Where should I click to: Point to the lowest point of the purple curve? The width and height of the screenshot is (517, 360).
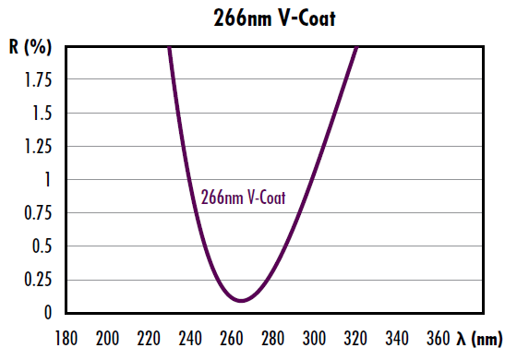point(242,300)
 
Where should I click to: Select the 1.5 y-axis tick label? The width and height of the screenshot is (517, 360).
point(42,114)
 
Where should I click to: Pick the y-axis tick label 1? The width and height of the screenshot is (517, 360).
point(52,180)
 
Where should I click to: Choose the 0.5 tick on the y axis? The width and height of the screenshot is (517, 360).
point(42,246)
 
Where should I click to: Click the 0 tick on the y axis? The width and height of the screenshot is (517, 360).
point(51,313)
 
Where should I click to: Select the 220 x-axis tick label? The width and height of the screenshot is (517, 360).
point(150,338)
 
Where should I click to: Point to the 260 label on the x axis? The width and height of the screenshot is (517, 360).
point(233,338)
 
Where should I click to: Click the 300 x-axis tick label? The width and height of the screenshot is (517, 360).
point(316,338)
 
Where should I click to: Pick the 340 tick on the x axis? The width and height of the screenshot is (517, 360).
point(398,338)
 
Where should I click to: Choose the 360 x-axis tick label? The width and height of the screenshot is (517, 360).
point(439,338)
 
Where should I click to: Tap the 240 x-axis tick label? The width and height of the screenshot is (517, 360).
point(191,338)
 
